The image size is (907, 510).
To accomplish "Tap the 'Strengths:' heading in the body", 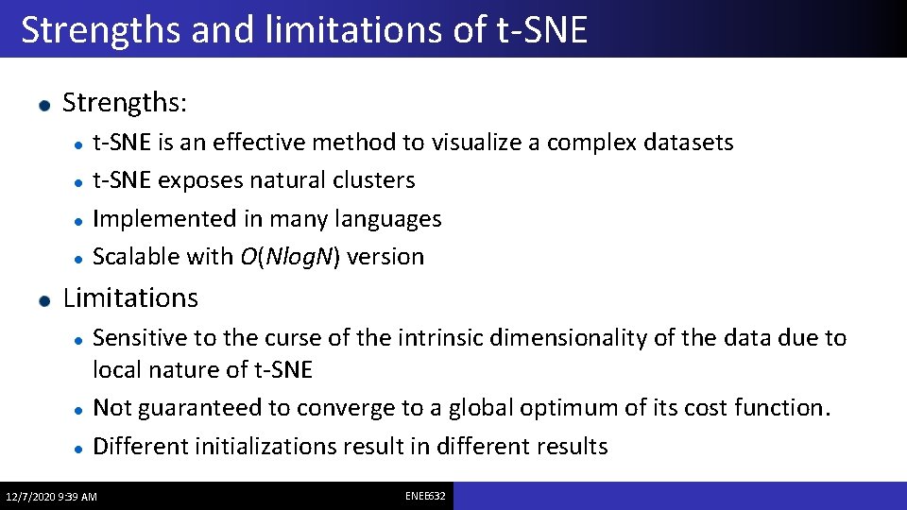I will point(125,102).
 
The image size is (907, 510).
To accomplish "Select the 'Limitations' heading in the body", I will point(130,298).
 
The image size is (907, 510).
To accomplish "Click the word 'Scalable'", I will point(136,257).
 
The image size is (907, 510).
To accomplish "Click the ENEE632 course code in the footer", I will point(425,496).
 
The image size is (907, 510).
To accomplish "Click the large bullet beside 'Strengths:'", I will point(44,104).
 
